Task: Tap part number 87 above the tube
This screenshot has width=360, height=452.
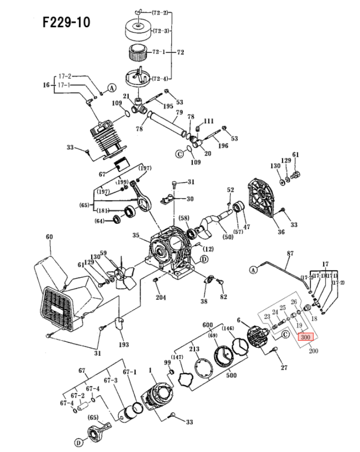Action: pyautogui.click(x=291, y=253)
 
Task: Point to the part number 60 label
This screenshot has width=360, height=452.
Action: pyautogui.click(x=49, y=237)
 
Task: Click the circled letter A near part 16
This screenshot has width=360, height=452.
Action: pyautogui.click(x=111, y=88)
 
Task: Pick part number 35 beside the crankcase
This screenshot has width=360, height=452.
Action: pyautogui.click(x=136, y=235)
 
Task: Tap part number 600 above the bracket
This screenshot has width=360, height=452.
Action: pyautogui.click(x=208, y=325)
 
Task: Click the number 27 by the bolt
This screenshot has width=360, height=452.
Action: pyautogui.click(x=284, y=368)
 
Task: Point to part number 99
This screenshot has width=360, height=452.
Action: pyautogui.click(x=167, y=363)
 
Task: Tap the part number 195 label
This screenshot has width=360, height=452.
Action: pyautogui.click(x=168, y=106)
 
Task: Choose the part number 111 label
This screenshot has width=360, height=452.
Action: pyautogui.click(x=208, y=121)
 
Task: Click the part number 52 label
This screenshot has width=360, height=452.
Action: pyautogui.click(x=230, y=190)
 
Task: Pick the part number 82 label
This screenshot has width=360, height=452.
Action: pyautogui.click(x=223, y=296)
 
